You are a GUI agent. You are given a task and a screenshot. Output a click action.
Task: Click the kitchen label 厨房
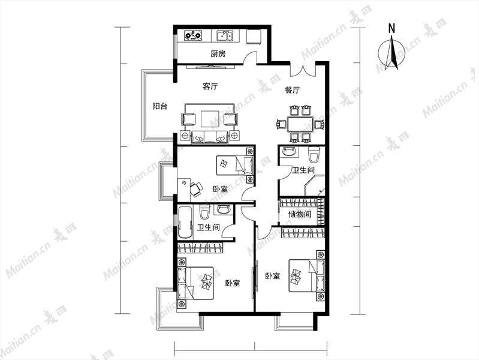pyautogui.click(x=218, y=54)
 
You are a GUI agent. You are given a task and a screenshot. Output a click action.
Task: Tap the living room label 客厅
pyautogui.click(x=210, y=86)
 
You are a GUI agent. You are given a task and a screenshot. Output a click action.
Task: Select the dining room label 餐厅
pyautogui.click(x=293, y=90)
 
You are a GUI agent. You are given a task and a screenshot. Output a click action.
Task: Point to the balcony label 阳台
pyautogui.click(x=160, y=106)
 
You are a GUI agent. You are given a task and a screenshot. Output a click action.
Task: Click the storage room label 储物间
pyautogui.click(x=300, y=214)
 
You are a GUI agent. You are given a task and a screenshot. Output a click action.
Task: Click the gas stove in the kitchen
pyautogui.click(x=194, y=35)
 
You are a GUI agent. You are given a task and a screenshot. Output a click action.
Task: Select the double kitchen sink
pyautogui.click(x=225, y=35)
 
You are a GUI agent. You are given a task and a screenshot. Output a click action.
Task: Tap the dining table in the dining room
pyautogui.click(x=300, y=124)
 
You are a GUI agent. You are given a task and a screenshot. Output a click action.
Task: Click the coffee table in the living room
pyautogui.click(x=210, y=119)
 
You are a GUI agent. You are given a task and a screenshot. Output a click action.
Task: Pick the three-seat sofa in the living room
pyautogui.click(x=210, y=137)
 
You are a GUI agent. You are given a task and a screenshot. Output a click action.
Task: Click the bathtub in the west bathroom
pyautogui.click(x=185, y=222)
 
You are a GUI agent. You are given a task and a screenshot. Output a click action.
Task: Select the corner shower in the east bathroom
pyautogui.click(x=314, y=185)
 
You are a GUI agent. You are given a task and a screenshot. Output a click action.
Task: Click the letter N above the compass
pyautogui.click(x=391, y=28)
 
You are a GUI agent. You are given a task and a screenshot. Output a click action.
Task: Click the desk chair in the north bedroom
pyautogui.click(x=196, y=189)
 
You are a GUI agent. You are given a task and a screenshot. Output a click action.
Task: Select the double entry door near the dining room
pyautogui.click(x=302, y=70)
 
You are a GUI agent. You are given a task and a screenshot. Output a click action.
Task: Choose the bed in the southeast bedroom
pyautogui.click(x=307, y=276)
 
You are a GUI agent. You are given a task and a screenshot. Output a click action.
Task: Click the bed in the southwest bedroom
pyautogui.click(x=195, y=283)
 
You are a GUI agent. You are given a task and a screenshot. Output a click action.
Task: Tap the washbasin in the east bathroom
pyautogui.click(x=289, y=152)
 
